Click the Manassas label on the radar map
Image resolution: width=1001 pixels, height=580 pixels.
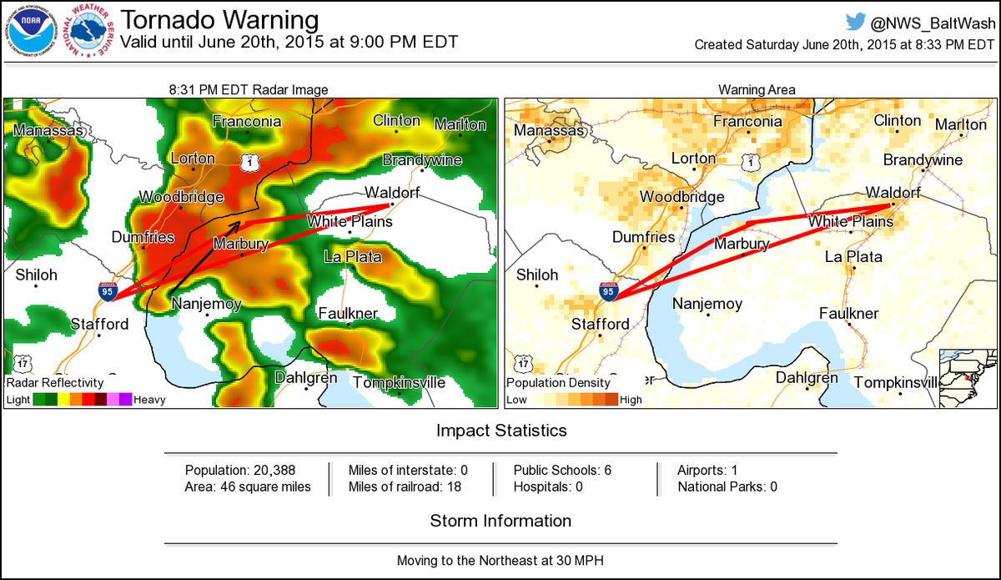click(48, 130)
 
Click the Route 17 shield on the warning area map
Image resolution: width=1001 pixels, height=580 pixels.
click(522, 363)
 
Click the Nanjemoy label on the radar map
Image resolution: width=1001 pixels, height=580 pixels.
click(206, 304)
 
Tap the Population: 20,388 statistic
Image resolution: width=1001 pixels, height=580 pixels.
click(240, 470)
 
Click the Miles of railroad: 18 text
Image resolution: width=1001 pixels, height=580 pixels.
click(405, 487)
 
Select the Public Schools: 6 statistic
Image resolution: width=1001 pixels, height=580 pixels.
click(562, 470)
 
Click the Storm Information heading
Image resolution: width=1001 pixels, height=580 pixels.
click(500, 521)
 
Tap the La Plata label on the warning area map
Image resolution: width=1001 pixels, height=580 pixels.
click(853, 257)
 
